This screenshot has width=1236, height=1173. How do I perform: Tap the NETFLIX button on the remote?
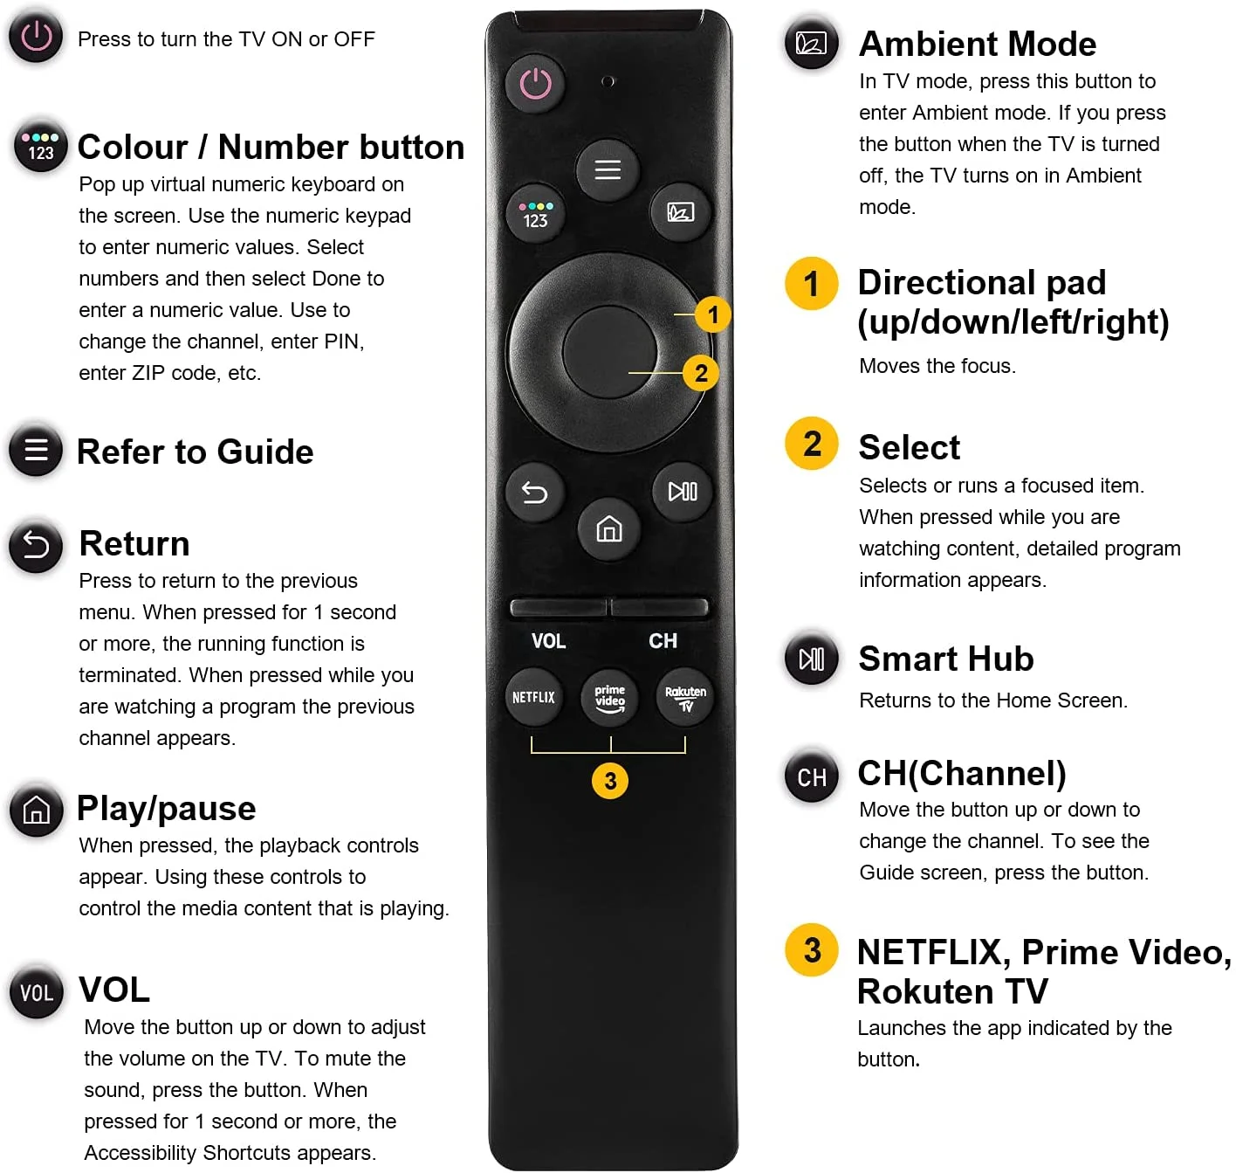533,697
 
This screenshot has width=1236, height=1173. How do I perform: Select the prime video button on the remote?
609,697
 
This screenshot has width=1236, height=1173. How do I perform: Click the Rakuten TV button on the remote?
685,697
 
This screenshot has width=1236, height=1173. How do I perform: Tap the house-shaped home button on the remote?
608,528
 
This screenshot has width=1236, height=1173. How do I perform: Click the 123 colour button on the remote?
535,214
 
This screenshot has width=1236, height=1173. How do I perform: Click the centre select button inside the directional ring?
609,352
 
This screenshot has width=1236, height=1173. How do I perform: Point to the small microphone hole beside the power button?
608,81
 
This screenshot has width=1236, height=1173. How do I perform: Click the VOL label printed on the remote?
548,641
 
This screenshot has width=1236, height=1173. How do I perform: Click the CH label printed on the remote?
663,641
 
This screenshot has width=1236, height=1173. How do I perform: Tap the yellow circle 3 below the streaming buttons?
610,780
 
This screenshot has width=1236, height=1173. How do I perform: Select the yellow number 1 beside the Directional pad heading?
811,284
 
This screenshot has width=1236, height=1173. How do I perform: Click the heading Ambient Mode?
977,44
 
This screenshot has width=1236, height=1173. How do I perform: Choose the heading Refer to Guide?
195,452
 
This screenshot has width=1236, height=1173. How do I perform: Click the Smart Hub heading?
945,659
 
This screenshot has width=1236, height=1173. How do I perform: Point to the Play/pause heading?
166,808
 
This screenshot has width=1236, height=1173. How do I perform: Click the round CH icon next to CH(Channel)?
811,776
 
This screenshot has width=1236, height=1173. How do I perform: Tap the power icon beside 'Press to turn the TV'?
36,38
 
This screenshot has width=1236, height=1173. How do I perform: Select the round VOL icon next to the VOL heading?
37,992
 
